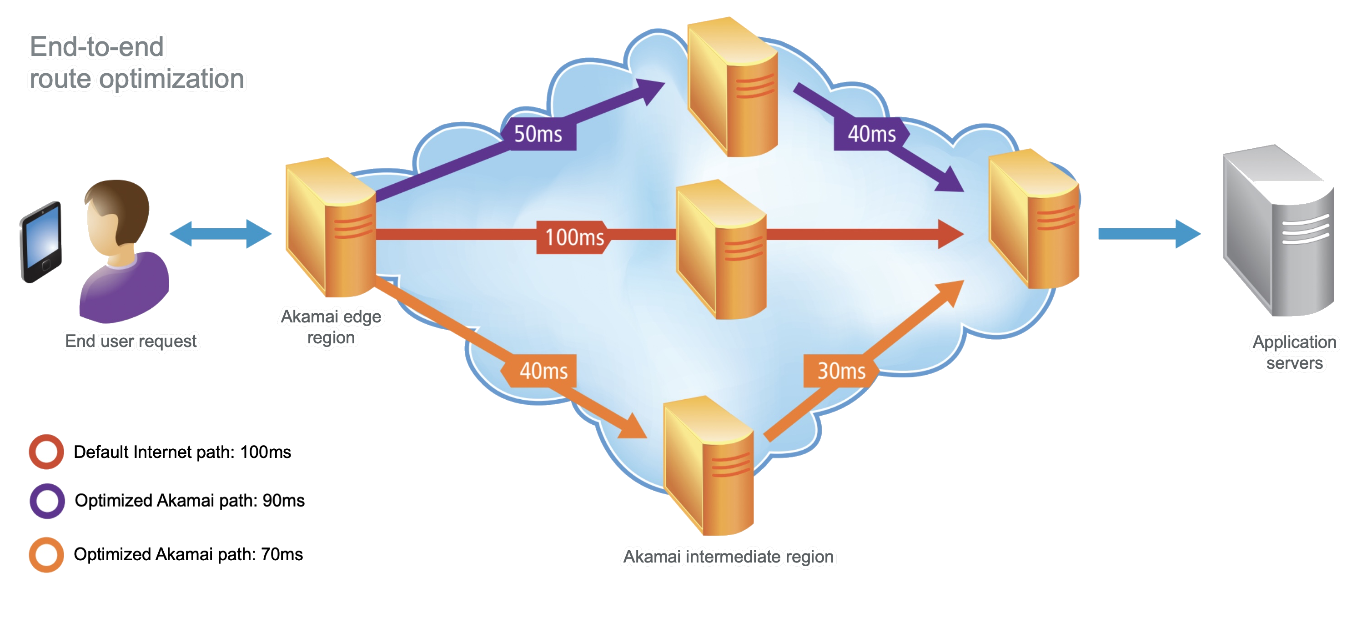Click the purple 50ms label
pyautogui.click(x=538, y=134)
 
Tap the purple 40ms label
pyautogui.click(x=871, y=134)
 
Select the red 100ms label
pyautogui.click(x=574, y=237)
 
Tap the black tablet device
pyautogui.click(x=41, y=242)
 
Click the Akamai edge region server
pyautogui.click(x=330, y=228)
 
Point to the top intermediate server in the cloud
pyautogui.click(x=732, y=88)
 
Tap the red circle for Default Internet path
pyautogui.click(x=46, y=452)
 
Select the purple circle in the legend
pyautogui.click(x=47, y=501)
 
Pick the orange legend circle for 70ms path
pyautogui.click(x=46, y=555)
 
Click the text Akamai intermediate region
pyautogui.click(x=728, y=557)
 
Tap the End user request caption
pyautogui.click(x=131, y=341)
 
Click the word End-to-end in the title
pyautogui.click(x=96, y=47)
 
